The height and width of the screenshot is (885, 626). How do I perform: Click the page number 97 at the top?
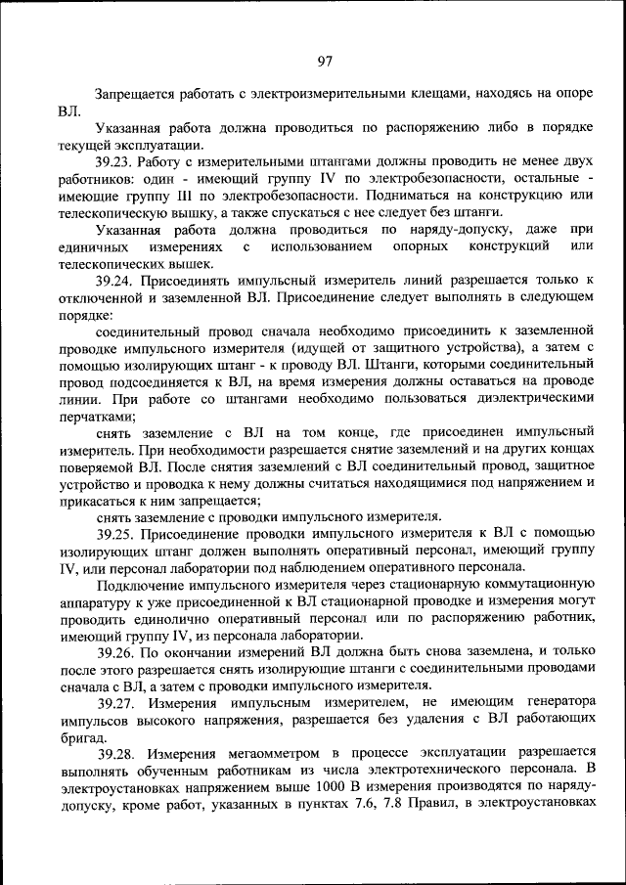325,61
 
